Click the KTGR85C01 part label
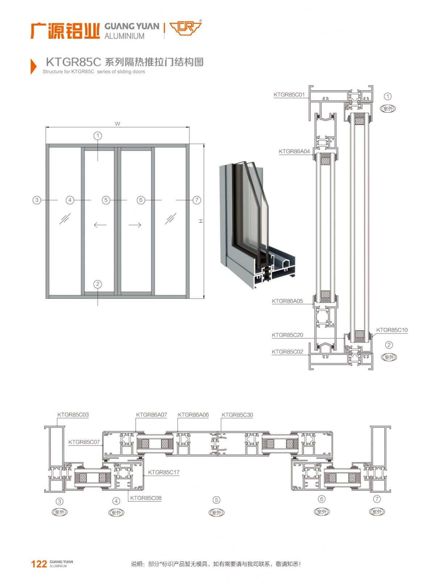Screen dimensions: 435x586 (x=289, y=95)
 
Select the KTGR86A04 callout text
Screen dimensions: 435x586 (x=294, y=151)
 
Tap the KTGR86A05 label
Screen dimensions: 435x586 (x=287, y=301)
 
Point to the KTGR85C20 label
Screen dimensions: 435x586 (x=287, y=335)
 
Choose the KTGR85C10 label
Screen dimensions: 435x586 (x=392, y=330)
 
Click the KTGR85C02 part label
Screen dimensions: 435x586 (x=287, y=352)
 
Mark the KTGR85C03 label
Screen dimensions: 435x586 (x=73, y=415)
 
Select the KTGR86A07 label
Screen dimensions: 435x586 (x=152, y=415)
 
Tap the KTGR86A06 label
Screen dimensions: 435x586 (x=193, y=415)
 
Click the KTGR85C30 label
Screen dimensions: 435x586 (x=237, y=415)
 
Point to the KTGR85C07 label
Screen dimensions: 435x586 (x=84, y=442)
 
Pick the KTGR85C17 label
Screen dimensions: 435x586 (x=164, y=473)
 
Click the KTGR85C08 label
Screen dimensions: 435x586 (x=146, y=498)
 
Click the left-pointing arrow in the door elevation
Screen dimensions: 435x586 (x=100, y=225)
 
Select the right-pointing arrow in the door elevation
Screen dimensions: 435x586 (x=135, y=225)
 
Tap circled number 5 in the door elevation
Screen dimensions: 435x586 (x=106, y=200)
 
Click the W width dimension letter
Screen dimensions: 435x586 (x=117, y=124)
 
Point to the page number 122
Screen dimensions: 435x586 (x=39, y=564)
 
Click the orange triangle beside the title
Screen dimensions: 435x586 (x=34, y=66)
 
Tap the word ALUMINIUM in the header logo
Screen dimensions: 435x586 (x=124, y=36)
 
